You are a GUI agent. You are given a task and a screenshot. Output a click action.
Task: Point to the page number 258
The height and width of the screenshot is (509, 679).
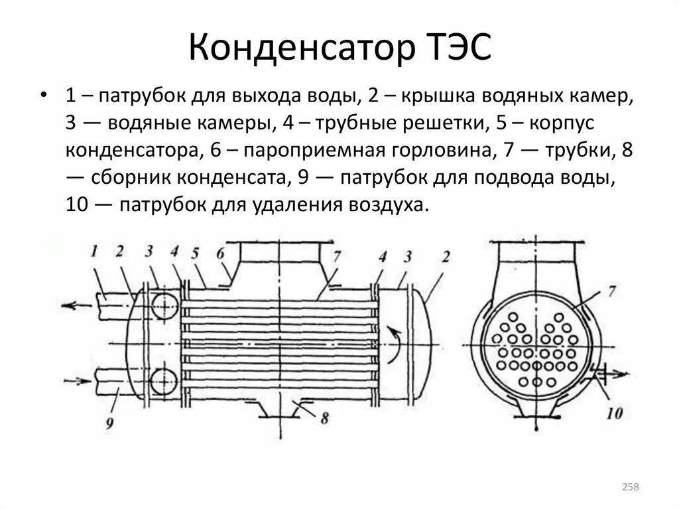tap(630, 488)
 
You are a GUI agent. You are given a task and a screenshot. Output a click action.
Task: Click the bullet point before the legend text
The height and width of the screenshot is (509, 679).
tap(44, 95)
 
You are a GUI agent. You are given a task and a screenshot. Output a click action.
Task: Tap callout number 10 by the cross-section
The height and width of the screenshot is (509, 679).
tap(614, 413)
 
